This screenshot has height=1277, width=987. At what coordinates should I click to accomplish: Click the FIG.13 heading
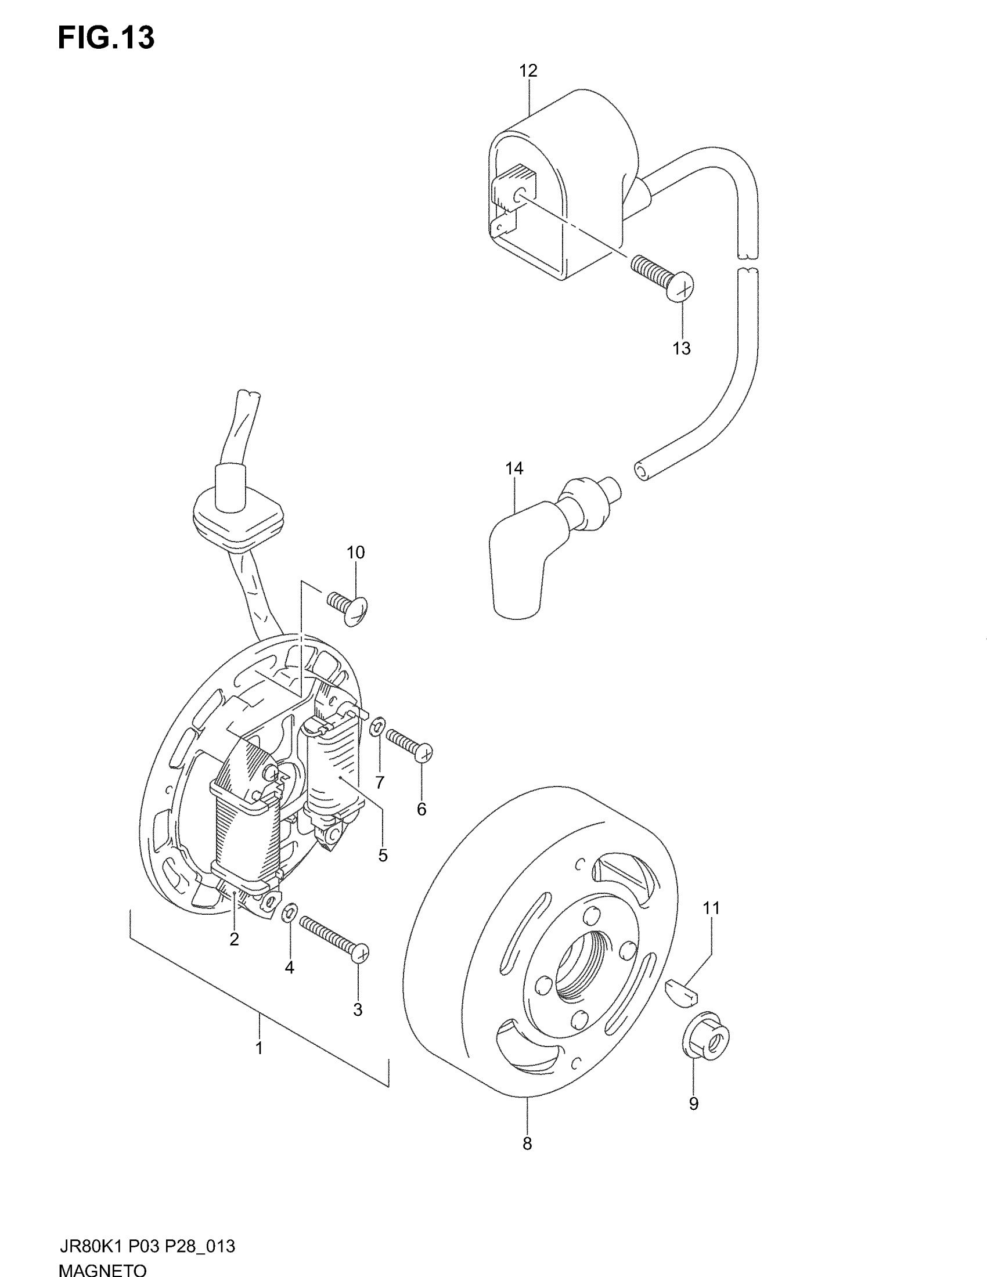point(106,38)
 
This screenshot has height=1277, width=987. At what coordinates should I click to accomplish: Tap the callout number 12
point(528,71)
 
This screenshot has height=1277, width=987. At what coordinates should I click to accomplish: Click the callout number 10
point(355,552)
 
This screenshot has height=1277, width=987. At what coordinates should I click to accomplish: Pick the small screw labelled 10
point(347,606)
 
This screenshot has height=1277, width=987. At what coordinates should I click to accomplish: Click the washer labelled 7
point(378,727)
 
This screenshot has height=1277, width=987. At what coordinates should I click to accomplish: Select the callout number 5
point(383,856)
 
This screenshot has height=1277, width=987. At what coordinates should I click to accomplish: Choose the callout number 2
point(234,939)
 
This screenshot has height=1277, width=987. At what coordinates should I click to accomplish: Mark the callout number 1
point(259,1048)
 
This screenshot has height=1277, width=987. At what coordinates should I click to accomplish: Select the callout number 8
point(527,1160)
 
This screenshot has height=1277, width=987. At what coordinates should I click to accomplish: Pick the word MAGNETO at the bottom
point(103,1269)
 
